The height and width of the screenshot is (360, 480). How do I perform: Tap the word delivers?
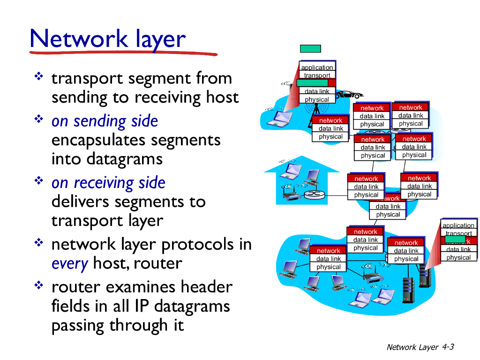click(x=78, y=202)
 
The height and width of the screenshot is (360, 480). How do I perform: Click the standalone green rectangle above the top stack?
click(x=310, y=49)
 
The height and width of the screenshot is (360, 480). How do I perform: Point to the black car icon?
click(x=346, y=94)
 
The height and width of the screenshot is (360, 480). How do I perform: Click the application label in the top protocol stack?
click(x=317, y=67)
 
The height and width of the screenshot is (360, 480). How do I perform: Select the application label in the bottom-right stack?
click(x=458, y=225)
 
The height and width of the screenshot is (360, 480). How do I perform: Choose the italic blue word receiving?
click(x=135, y=183)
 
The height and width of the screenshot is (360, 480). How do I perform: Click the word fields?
click(x=70, y=306)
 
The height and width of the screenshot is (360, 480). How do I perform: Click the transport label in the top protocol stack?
click(x=317, y=75)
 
